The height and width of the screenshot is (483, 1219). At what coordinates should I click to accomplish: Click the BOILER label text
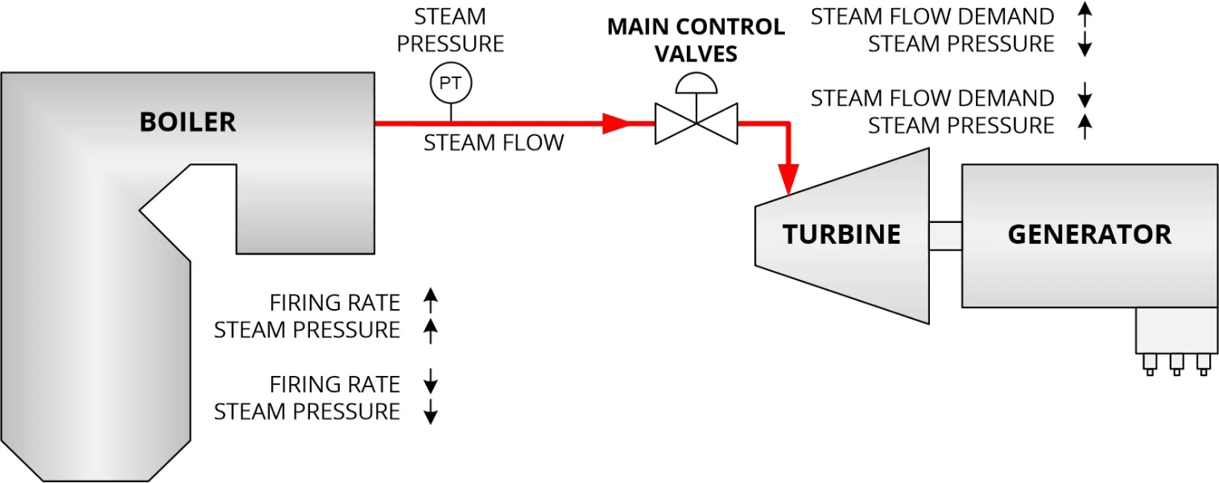(188, 122)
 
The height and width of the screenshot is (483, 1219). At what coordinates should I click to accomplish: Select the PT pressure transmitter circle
(450, 83)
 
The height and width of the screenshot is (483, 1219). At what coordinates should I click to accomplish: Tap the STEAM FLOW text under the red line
(494, 143)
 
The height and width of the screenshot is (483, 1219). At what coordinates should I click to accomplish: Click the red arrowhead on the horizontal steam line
(616, 123)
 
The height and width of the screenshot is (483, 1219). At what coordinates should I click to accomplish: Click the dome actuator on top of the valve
(696, 83)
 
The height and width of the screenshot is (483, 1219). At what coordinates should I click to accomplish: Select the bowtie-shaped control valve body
(696, 123)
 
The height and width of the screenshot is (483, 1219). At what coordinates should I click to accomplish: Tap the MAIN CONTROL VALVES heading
(696, 40)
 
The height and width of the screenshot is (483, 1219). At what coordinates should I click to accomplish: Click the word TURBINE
(841, 234)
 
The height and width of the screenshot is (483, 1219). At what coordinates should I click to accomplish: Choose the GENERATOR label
(1089, 234)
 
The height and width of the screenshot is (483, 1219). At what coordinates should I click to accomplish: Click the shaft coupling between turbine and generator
(945, 235)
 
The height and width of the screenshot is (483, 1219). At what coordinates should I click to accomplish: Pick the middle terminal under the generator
(1176, 364)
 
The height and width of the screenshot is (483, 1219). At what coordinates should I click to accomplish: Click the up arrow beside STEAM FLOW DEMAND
(1085, 15)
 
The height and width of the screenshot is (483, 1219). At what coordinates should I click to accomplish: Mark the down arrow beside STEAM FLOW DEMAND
(1085, 97)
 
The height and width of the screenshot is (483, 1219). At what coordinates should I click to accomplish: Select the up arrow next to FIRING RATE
(431, 302)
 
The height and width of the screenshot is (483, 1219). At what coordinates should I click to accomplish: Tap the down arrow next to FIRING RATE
(431, 383)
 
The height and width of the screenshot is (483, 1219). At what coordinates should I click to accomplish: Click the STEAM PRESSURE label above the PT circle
(451, 30)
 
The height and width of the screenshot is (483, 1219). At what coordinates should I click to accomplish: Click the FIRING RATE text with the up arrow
(334, 303)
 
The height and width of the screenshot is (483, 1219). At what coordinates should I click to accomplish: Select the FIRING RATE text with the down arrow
(334, 384)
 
